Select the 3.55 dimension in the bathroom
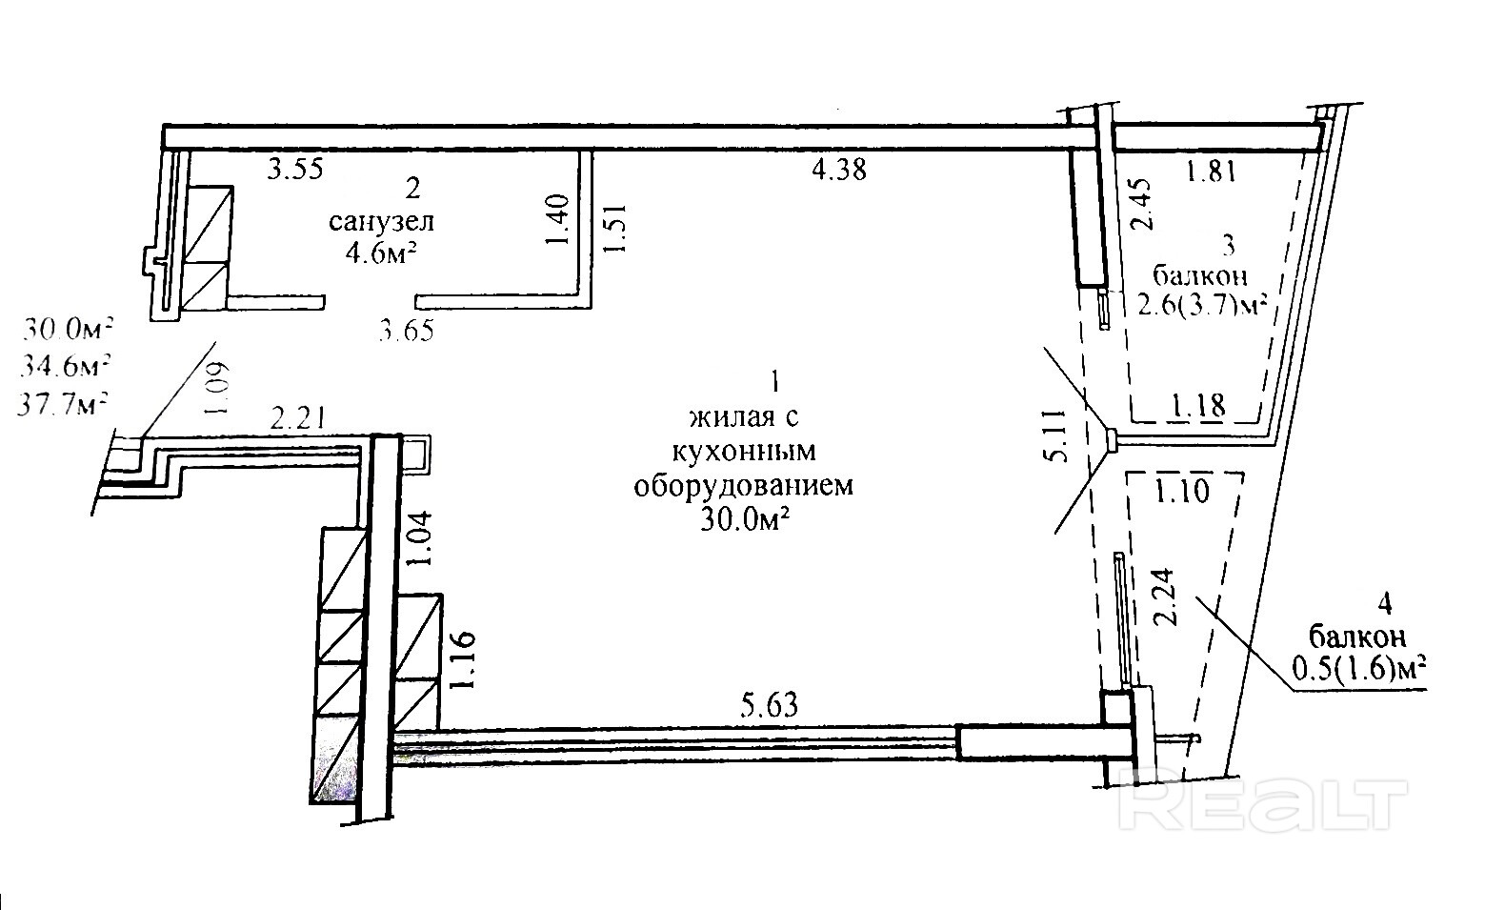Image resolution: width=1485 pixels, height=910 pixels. pyautogui.click(x=295, y=170)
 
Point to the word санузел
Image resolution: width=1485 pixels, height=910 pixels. pyautogui.click(x=381, y=222)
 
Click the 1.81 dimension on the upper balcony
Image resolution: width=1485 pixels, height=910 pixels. pyautogui.click(x=1211, y=172)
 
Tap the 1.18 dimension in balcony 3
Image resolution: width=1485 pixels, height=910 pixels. pyautogui.click(x=1197, y=408)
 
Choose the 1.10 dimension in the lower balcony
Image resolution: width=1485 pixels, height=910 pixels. pyautogui.click(x=1182, y=492)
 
